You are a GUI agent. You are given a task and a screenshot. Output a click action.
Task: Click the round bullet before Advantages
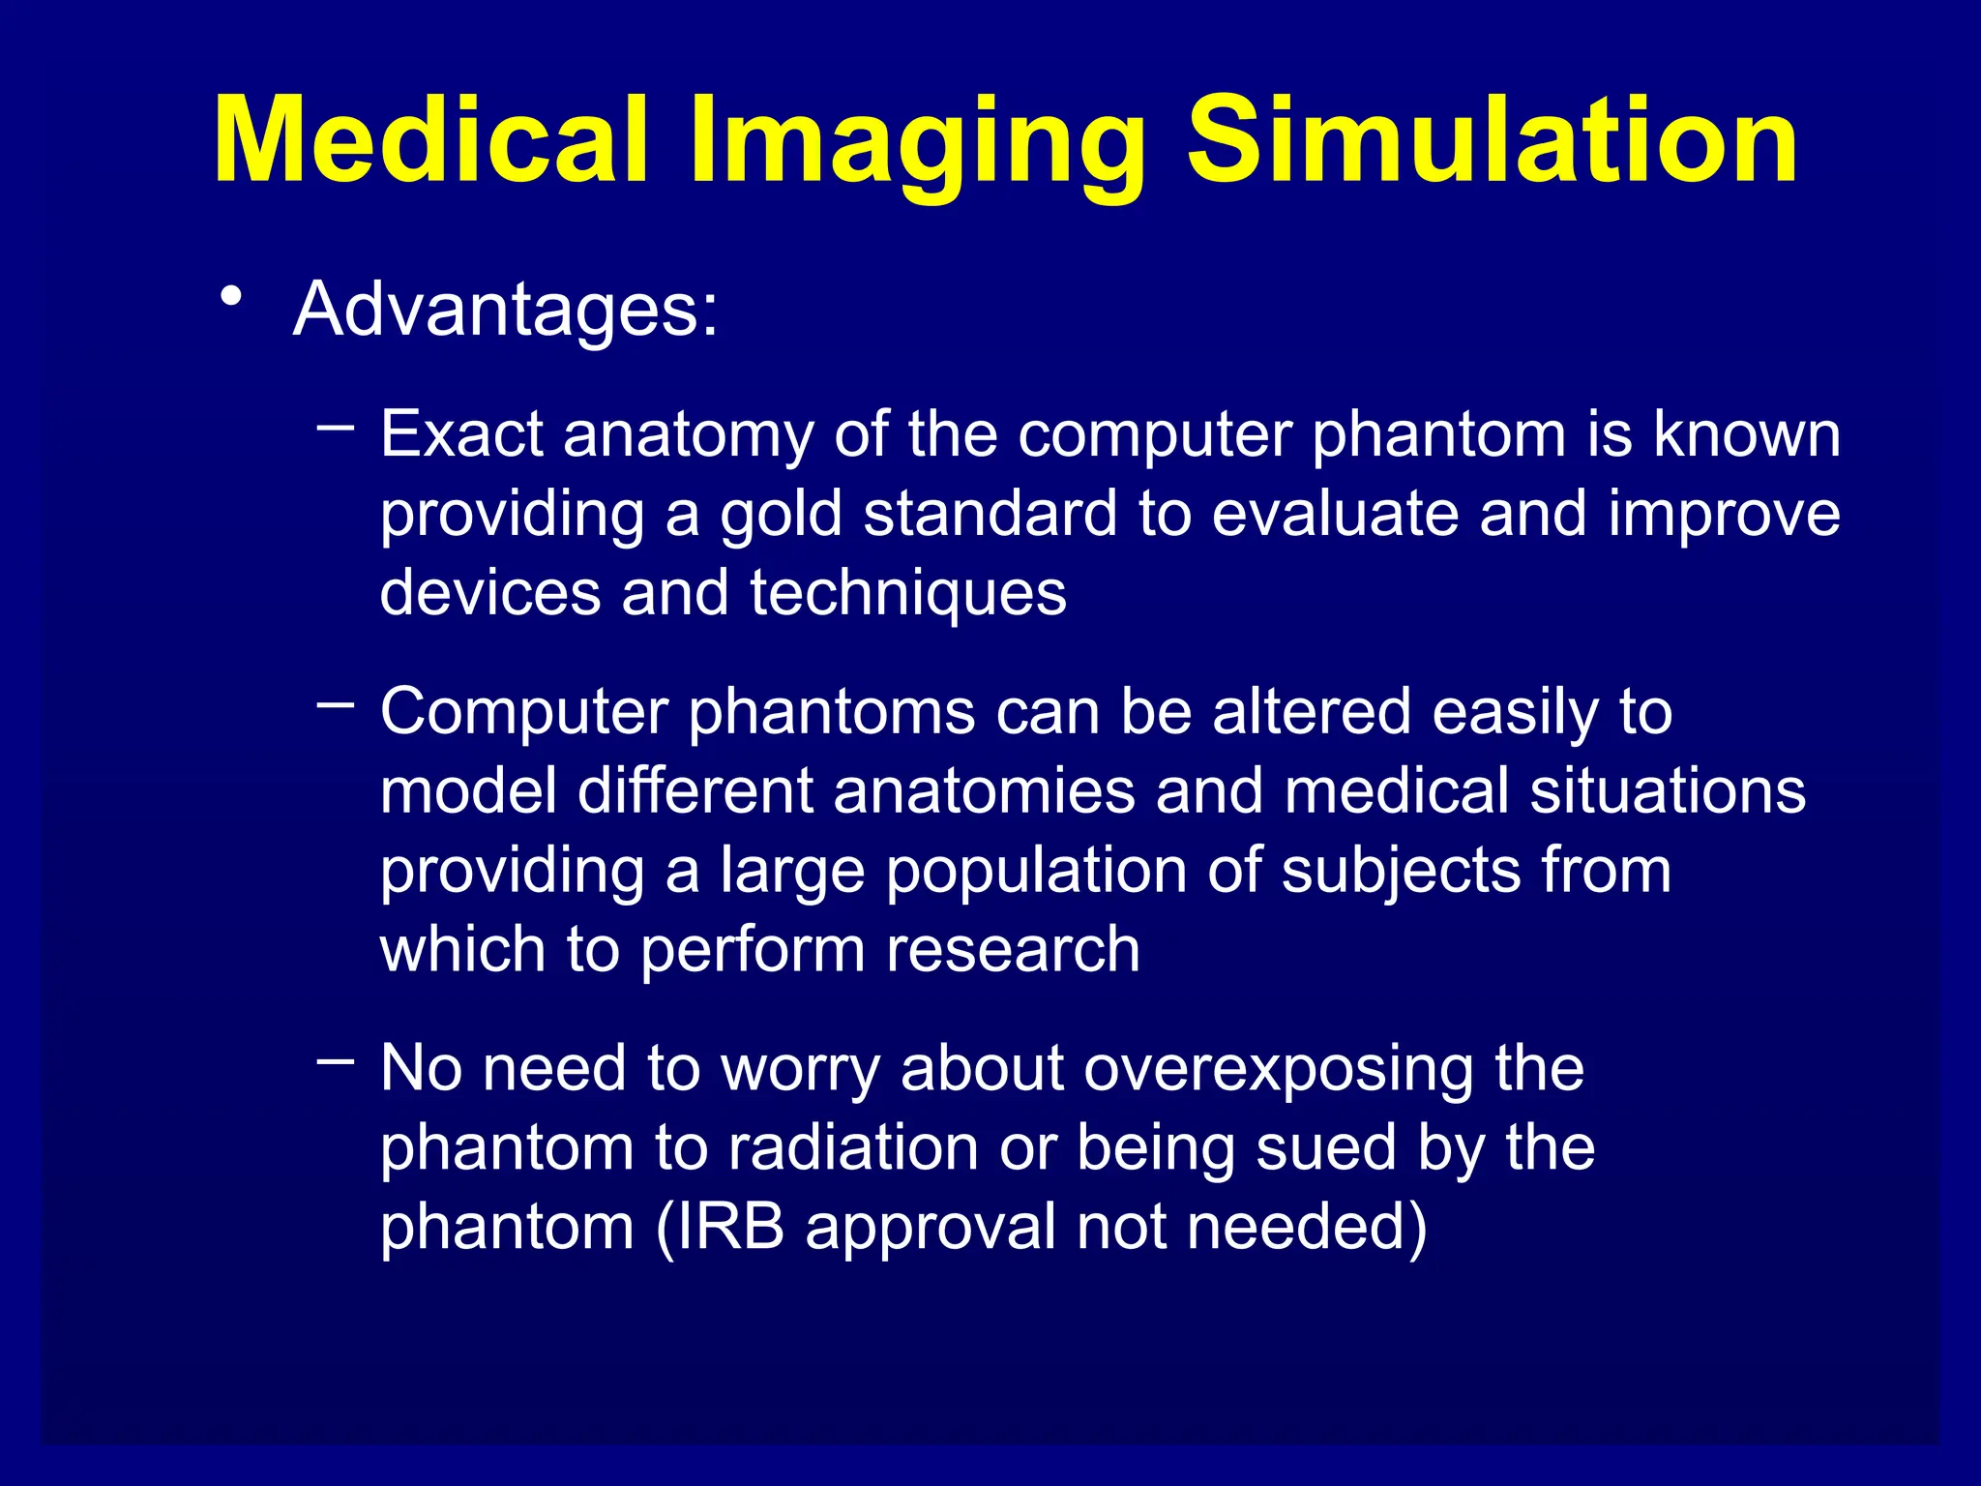pos(230,296)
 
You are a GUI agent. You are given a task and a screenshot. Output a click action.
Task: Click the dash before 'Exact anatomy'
pos(336,425)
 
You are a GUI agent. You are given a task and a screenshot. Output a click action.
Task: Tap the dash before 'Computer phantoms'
pos(336,703)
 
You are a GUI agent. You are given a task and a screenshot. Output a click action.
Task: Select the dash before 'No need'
pos(336,1060)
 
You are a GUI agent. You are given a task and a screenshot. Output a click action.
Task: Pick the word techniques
pos(908,593)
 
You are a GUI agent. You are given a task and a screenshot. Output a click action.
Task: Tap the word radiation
pos(852,1148)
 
